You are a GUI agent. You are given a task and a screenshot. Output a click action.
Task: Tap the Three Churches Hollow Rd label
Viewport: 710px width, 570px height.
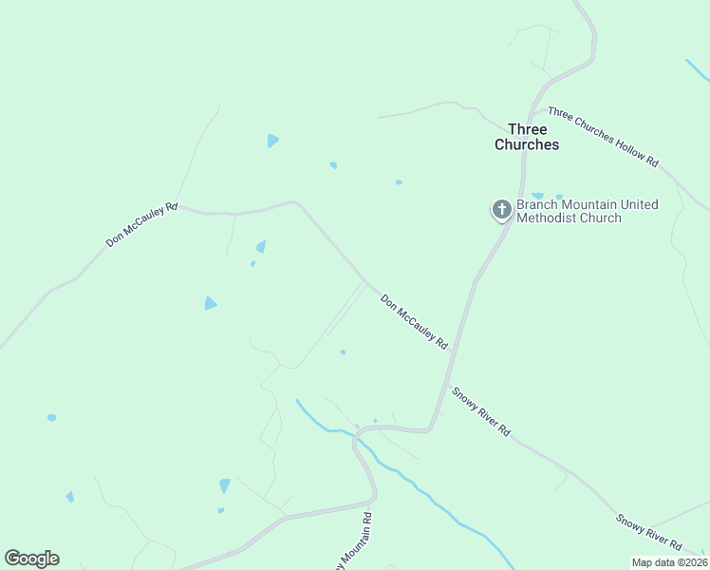tap(603, 138)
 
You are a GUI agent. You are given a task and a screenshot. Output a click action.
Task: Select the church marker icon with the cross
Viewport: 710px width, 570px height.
tap(502, 210)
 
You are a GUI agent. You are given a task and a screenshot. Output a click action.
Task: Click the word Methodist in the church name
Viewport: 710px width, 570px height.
tap(548, 218)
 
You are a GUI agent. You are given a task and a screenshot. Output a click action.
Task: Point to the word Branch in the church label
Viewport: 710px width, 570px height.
tap(538, 204)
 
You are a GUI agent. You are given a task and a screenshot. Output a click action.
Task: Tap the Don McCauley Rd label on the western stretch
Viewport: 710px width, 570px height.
tap(141, 225)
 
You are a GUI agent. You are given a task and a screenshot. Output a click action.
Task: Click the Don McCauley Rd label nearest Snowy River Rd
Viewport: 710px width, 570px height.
tap(414, 321)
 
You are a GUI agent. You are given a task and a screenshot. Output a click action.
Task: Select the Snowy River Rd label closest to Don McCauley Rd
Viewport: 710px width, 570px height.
tap(481, 411)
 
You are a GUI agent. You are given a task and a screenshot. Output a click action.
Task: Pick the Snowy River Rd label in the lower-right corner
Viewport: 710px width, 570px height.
tap(648, 532)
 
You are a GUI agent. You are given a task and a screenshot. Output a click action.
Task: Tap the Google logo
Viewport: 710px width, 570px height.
tap(31, 559)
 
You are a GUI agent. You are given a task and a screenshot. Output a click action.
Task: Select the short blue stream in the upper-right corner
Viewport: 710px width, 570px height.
tap(697, 70)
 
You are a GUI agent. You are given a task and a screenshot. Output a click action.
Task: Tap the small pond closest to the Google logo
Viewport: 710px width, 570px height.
tap(69, 497)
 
